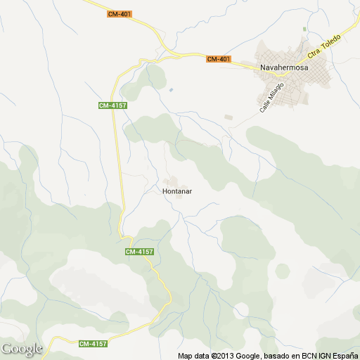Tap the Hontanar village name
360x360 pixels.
pyautogui.click(x=177, y=191)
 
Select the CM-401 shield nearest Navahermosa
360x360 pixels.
pyautogui.click(x=219, y=59)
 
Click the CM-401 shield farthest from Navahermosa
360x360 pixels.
pyautogui.click(x=120, y=14)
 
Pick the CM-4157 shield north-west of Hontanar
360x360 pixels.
pyautogui.click(x=112, y=105)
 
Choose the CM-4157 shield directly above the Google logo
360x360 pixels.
pyautogui.click(x=93, y=344)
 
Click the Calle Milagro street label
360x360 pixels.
pyautogui.click(x=271, y=97)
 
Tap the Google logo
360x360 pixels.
pyautogui.click(x=21, y=349)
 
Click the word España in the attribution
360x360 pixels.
pyautogui.click(x=343, y=355)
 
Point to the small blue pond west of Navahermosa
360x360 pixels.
pyautogui.click(x=170, y=89)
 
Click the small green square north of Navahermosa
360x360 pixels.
pyautogui.click(x=304, y=29)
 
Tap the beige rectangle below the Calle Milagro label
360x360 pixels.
pyautogui.click(x=227, y=117)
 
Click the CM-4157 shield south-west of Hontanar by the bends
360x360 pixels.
pyautogui.click(x=139, y=252)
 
